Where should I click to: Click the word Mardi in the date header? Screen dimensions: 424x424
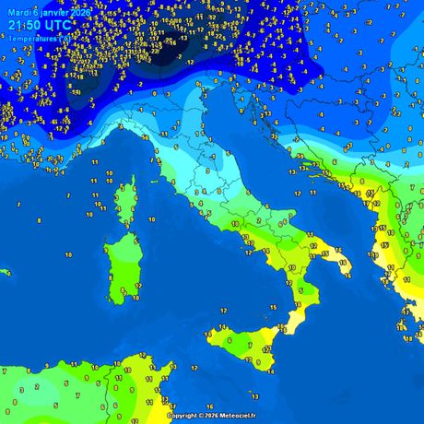tap(18, 12)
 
